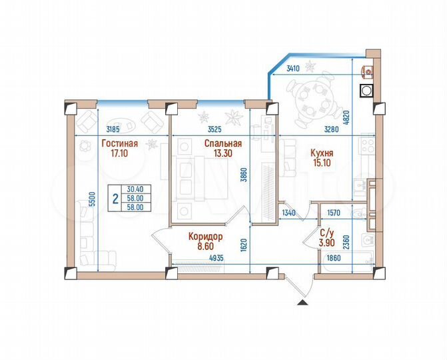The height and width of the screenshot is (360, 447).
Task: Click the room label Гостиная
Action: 119,143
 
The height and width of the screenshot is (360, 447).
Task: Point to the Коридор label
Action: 205,236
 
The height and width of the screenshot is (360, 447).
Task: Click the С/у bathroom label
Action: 327,233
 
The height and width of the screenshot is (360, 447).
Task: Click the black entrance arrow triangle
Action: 302,303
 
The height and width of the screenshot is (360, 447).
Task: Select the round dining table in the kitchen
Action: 311,99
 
